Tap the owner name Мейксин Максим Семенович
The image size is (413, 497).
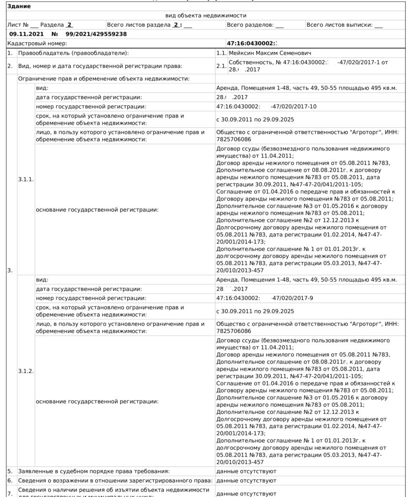tap(270, 52)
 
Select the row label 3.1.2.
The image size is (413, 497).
tap(26, 371)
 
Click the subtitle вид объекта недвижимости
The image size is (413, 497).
tap(206, 16)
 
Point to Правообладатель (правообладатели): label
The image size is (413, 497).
tap(73, 52)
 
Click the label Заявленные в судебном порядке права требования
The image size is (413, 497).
tap(94, 471)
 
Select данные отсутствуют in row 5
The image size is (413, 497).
tap(246, 471)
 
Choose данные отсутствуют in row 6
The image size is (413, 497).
tap(246, 480)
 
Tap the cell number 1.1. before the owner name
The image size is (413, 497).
tap(221, 52)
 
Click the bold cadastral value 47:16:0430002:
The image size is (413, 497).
tap(252, 43)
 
